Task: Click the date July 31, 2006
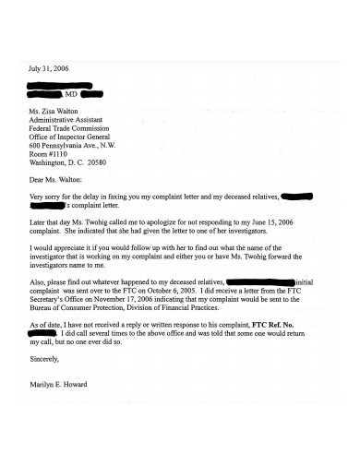(x=49, y=69)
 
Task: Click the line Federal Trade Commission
(x=74, y=129)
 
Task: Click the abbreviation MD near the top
(x=71, y=93)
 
